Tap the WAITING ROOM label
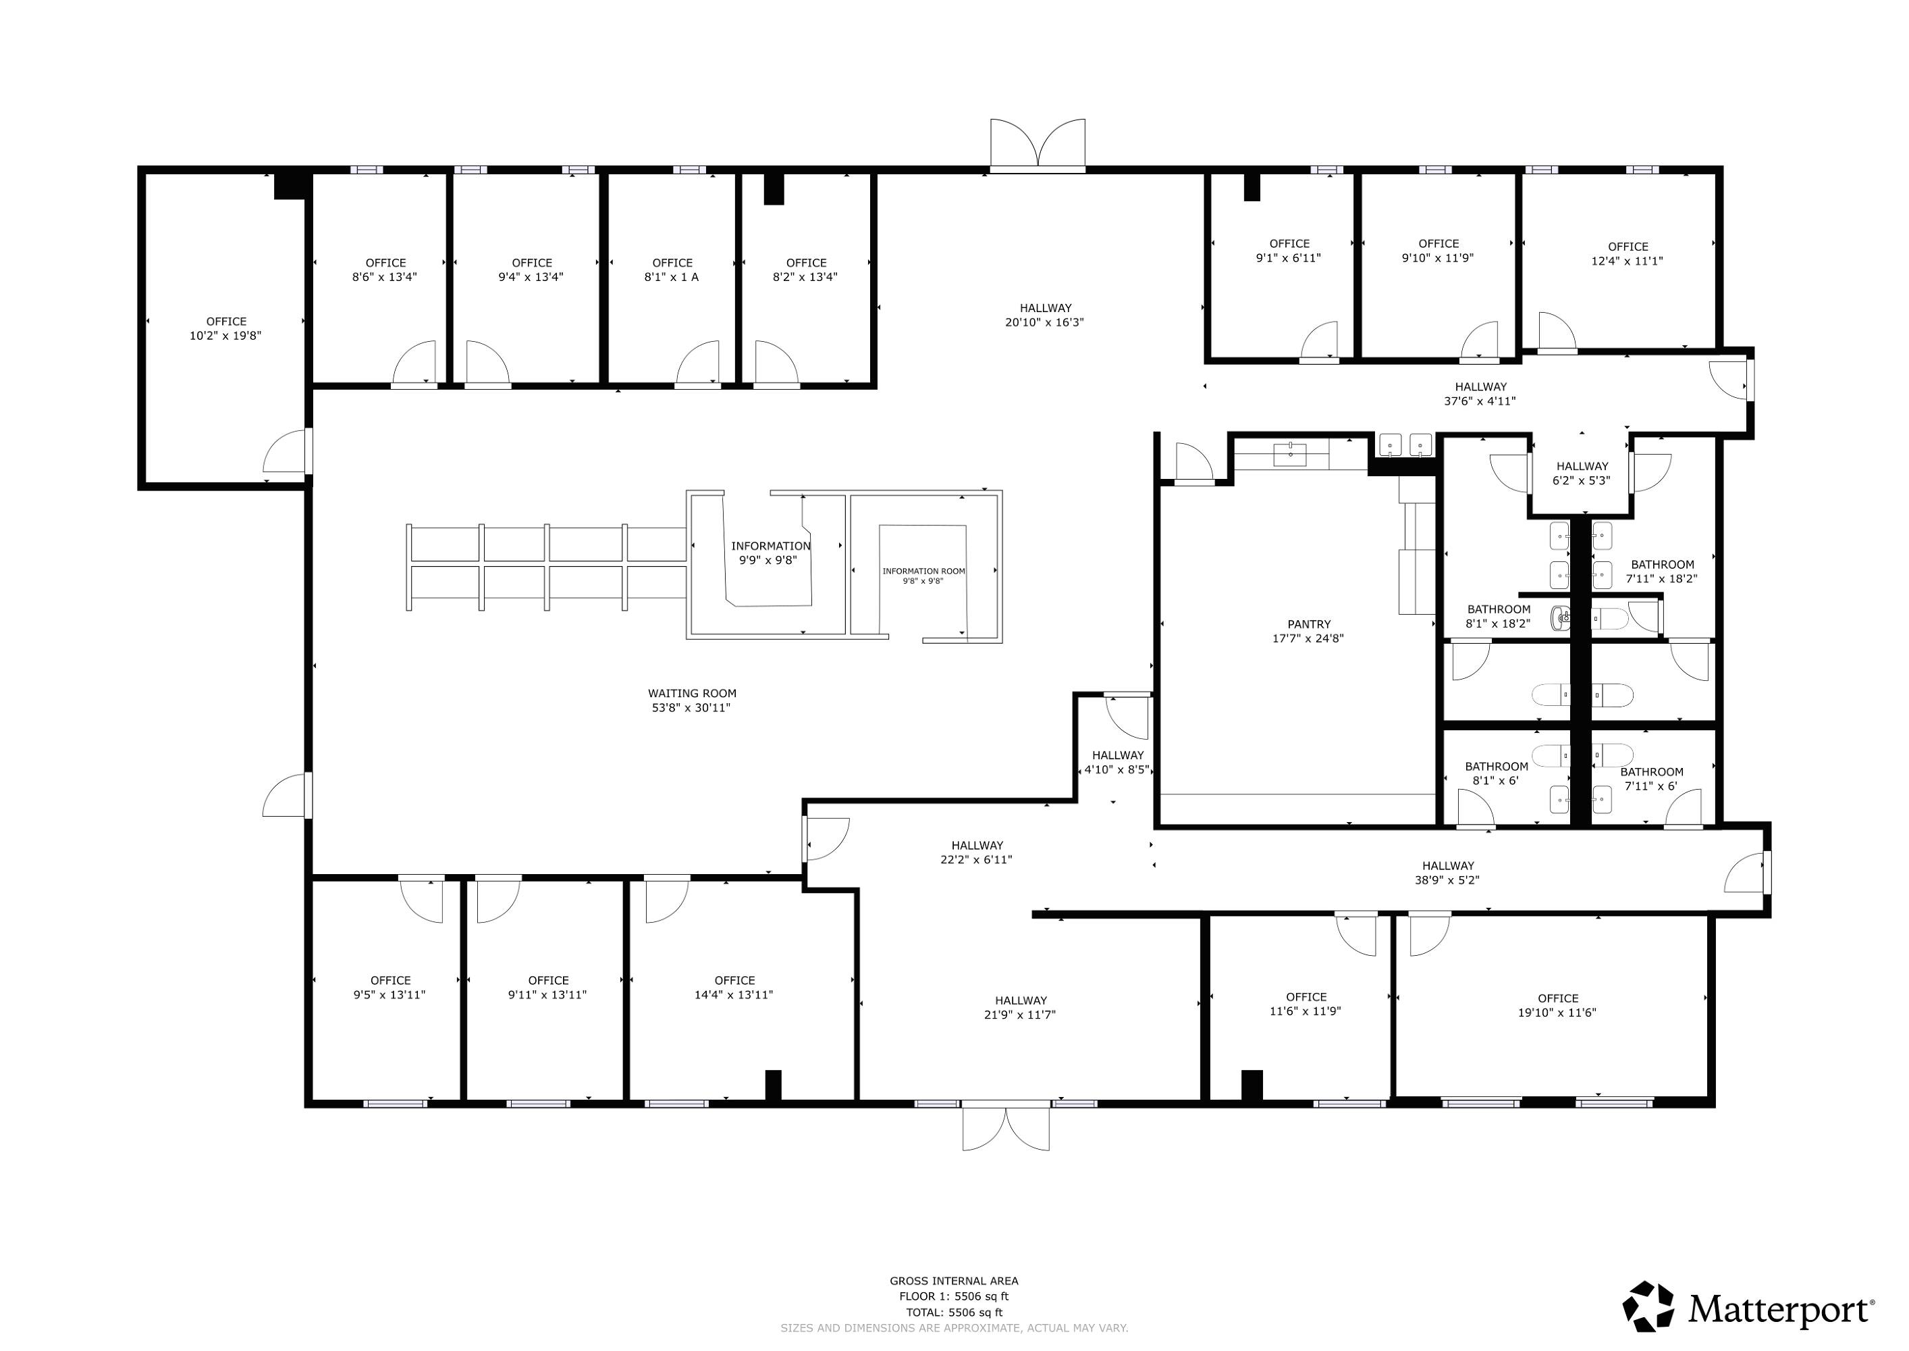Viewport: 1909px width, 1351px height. click(x=692, y=693)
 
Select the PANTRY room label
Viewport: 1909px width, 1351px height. click(x=1309, y=624)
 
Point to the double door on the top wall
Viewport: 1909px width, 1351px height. click(x=1038, y=146)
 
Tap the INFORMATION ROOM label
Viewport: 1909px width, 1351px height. click(x=923, y=571)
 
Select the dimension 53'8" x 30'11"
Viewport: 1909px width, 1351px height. click(x=691, y=708)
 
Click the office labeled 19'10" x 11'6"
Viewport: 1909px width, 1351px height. click(x=1557, y=1005)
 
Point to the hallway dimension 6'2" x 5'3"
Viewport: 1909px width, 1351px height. click(x=1582, y=480)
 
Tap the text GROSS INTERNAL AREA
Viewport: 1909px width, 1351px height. click(x=954, y=1281)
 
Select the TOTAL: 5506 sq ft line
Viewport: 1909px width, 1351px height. click(x=954, y=1312)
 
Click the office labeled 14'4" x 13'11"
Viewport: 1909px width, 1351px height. click(x=734, y=988)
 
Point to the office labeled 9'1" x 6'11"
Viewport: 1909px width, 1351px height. click(x=1289, y=251)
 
